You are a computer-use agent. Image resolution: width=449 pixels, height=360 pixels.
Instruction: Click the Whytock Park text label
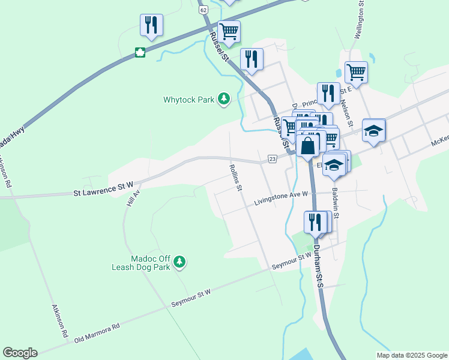(x=189, y=100)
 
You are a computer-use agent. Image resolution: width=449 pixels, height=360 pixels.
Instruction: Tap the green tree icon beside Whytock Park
(x=224, y=98)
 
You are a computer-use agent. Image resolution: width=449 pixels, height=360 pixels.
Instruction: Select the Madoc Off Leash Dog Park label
(x=141, y=262)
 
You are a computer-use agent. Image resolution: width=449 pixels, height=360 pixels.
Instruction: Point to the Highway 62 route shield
(x=203, y=10)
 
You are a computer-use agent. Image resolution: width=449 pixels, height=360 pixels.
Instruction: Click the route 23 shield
(x=273, y=158)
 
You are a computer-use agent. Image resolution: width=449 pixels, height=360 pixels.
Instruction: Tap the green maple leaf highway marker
(x=140, y=52)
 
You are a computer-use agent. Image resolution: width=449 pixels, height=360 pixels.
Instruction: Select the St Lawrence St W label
(x=103, y=193)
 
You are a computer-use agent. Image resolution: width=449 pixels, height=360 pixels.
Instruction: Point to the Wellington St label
(x=359, y=20)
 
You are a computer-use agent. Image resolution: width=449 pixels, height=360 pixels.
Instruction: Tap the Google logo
(x=20, y=353)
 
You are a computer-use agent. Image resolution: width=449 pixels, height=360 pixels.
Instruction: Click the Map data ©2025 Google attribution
(x=411, y=355)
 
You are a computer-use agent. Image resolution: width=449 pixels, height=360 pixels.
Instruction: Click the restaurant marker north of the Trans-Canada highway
(x=151, y=25)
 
